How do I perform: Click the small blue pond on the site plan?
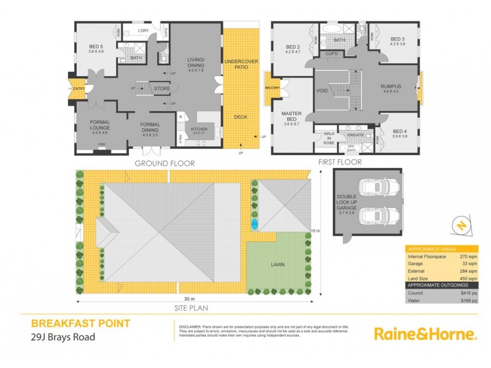point(254,225)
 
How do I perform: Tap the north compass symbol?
point(460,226)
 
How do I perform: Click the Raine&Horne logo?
point(425,334)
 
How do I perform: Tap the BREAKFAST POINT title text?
point(80,323)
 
